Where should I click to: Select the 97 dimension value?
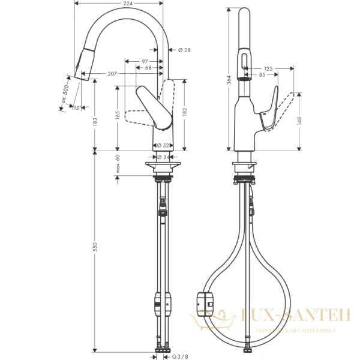tap(146, 61)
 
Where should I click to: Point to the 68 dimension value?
tap(148, 68)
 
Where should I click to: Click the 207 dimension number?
tap(112, 73)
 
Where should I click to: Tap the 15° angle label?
tap(76, 108)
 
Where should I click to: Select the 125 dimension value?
tap(268, 68)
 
